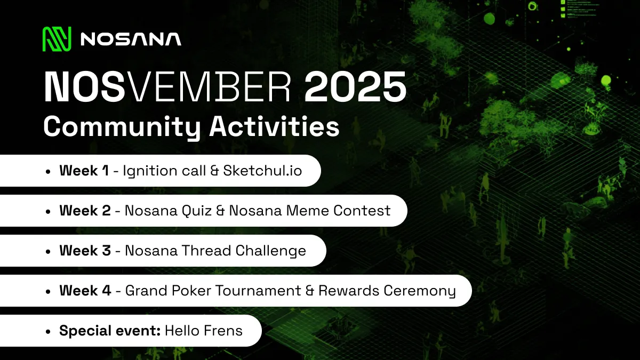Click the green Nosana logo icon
coord(57,39)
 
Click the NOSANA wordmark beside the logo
coord(131,39)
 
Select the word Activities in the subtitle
coord(274,127)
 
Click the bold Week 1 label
coord(84,171)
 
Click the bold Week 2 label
coord(85,211)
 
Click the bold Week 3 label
coord(85,251)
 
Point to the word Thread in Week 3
coord(207,251)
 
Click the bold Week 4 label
coord(85,291)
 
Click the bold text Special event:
coord(110,331)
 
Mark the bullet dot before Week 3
coord(48,251)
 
